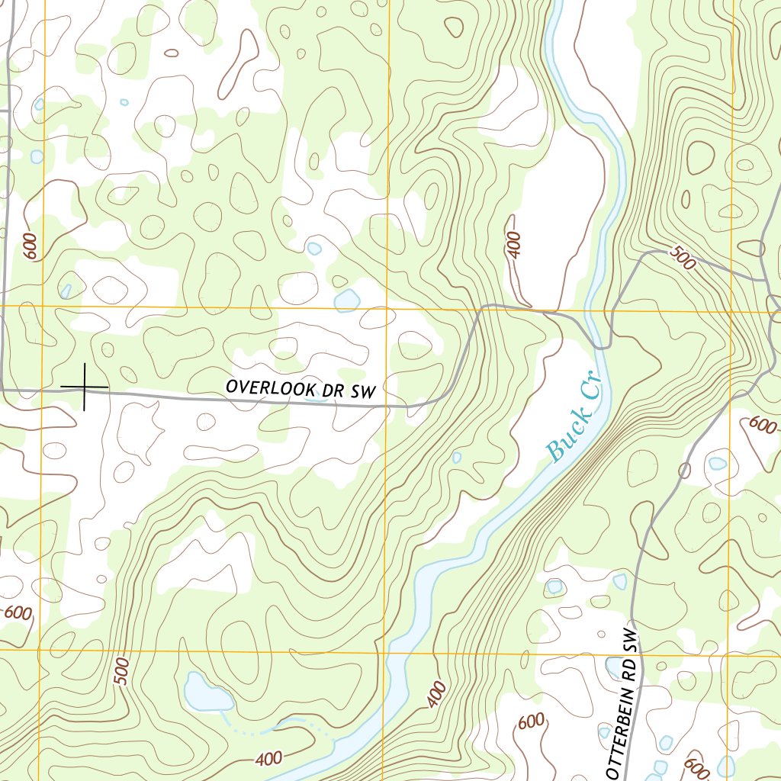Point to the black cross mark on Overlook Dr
[x=84, y=387]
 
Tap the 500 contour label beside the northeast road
[x=683, y=258]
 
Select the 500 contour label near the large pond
[x=122, y=670]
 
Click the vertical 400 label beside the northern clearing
[x=513, y=244]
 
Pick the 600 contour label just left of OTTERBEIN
[x=532, y=722]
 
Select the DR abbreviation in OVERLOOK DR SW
[x=335, y=390]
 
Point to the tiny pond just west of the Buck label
[x=456, y=458]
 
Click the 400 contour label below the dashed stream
[x=268, y=759]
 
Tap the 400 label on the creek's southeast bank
[x=436, y=694]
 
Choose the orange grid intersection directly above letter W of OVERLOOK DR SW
[x=387, y=308]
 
